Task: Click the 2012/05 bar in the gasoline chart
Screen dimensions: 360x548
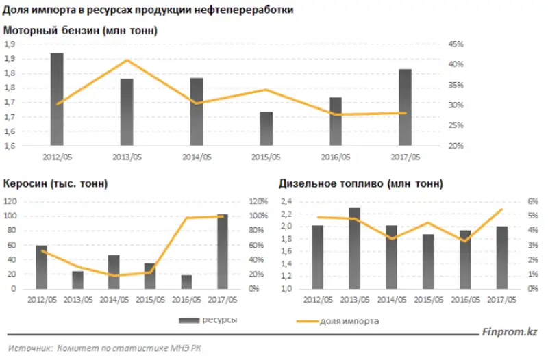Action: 57,99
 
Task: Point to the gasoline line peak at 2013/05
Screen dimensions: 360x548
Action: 127,60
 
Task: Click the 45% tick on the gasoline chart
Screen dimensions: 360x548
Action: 456,44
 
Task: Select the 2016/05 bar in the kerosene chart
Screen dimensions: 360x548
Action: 186,281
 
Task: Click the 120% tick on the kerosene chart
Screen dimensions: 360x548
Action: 258,201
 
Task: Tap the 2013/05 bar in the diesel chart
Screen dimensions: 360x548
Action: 353,248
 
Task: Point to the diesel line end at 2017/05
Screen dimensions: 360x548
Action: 502,209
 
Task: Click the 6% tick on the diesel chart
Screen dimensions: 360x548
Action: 532,201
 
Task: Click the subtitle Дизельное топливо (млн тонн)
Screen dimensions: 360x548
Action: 360,184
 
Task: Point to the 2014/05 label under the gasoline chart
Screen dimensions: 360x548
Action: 196,157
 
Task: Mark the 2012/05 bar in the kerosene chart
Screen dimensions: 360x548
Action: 42,267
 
